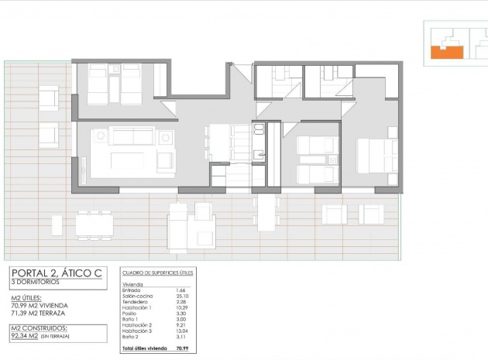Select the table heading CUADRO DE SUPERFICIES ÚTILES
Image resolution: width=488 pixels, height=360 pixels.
pos(158,273)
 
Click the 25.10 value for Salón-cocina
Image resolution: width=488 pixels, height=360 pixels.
pos(184,296)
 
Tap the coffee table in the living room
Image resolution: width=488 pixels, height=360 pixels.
pos(132,161)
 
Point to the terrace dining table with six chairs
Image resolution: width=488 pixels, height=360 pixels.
pos(94,225)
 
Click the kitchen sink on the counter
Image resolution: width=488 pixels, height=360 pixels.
pos(259,129)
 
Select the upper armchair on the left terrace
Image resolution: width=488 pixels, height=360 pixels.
pos(47,98)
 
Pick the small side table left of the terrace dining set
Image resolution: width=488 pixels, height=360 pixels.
pos(57,225)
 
